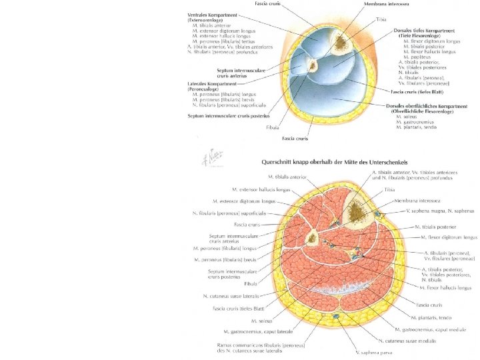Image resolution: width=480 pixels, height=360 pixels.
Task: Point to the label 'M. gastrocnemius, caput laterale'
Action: (x=258, y=331)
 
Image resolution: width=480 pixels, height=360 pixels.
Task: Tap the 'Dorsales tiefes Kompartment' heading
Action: (x=431, y=31)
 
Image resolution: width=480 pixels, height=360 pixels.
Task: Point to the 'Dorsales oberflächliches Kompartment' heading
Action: (x=427, y=106)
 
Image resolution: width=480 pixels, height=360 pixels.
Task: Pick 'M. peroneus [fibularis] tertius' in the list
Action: (x=226, y=41)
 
